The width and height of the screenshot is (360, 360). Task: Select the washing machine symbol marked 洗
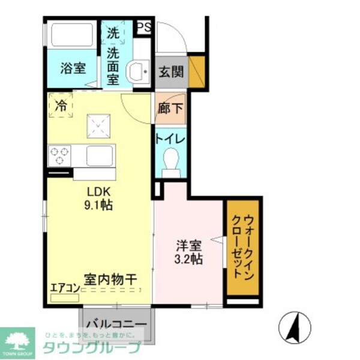coord(114,34)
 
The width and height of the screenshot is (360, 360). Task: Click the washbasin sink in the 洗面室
coord(140,73)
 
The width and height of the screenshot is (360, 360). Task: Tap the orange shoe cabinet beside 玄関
coord(197,71)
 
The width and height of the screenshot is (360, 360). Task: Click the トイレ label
coord(170,139)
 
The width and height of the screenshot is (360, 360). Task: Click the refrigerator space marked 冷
coord(61,106)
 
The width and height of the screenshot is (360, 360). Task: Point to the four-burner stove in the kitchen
coord(59,155)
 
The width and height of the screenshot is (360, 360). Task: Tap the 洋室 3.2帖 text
coord(188,253)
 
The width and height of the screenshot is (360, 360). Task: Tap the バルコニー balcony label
coord(116,325)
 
